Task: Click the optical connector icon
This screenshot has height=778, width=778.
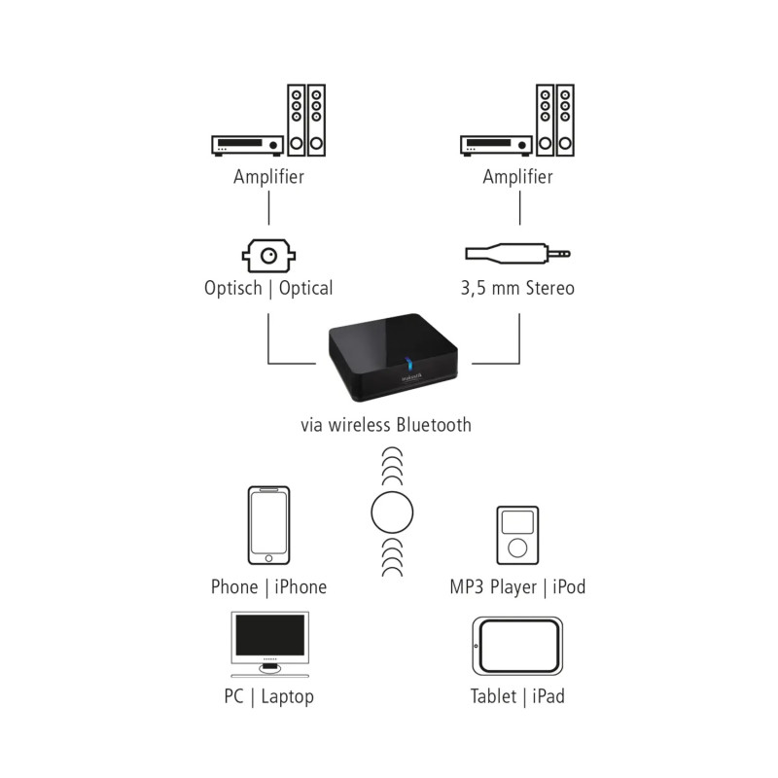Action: pyautogui.click(x=267, y=256)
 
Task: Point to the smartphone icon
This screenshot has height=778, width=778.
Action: pyautogui.click(x=268, y=525)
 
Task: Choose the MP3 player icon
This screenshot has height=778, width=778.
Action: pyautogui.click(x=516, y=535)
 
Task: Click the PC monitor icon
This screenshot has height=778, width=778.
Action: pyautogui.click(x=268, y=642)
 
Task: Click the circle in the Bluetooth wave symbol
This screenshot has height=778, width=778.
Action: pyautogui.click(x=394, y=510)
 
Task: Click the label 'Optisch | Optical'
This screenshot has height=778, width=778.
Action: pyautogui.click(x=268, y=288)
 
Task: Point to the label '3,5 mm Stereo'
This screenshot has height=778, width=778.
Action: pyautogui.click(x=517, y=288)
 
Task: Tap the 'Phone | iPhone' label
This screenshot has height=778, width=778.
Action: pyautogui.click(x=268, y=586)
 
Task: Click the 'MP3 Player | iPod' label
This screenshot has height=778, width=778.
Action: pyautogui.click(x=517, y=586)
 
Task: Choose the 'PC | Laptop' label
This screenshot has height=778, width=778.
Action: pyautogui.click(x=268, y=696)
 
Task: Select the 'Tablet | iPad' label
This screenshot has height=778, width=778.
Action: pyautogui.click(x=517, y=696)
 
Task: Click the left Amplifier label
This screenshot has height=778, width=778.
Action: pyautogui.click(x=268, y=177)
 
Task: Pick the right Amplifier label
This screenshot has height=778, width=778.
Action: pyautogui.click(x=517, y=177)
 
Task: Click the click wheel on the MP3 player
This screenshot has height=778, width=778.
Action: pyautogui.click(x=516, y=546)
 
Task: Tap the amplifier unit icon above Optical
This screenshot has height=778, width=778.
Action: pyautogui.click(x=247, y=146)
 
